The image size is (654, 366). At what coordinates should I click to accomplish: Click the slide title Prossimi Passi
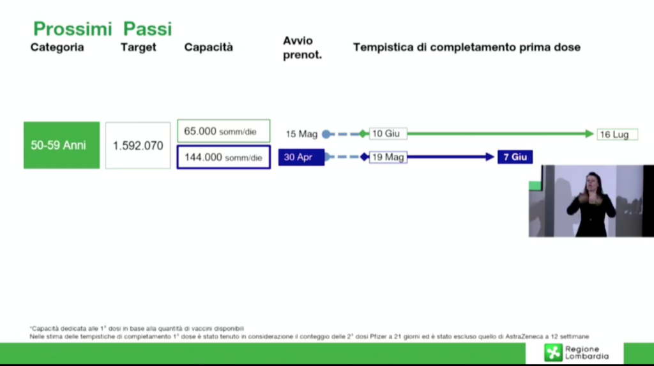tap(102, 29)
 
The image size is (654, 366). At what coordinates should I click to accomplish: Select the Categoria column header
tap(57, 47)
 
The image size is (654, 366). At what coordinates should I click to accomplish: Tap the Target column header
tap(139, 47)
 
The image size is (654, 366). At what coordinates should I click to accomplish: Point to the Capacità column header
tap(209, 47)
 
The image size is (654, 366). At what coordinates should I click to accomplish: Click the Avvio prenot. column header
tap(302, 47)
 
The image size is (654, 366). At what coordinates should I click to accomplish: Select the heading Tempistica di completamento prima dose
tap(467, 47)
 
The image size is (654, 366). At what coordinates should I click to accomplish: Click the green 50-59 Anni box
tap(62, 145)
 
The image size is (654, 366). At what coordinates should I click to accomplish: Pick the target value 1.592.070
tap(138, 146)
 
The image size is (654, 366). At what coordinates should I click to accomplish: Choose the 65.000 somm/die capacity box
tap(224, 132)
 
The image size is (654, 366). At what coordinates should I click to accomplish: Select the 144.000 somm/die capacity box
tap(224, 157)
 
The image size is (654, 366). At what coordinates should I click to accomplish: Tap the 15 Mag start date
tap(301, 134)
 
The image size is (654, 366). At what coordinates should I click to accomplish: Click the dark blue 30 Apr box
tap(301, 157)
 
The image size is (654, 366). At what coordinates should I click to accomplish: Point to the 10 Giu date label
tap(388, 133)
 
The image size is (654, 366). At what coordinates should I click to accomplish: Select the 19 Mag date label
tap(388, 157)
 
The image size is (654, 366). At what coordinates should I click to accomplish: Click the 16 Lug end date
tap(618, 134)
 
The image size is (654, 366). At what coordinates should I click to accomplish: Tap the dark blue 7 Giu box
tap(515, 157)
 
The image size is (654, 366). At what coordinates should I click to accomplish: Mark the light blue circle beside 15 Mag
tap(326, 134)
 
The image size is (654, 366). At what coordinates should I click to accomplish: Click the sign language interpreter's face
tap(593, 183)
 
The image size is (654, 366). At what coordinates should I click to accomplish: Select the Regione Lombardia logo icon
tap(554, 353)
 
